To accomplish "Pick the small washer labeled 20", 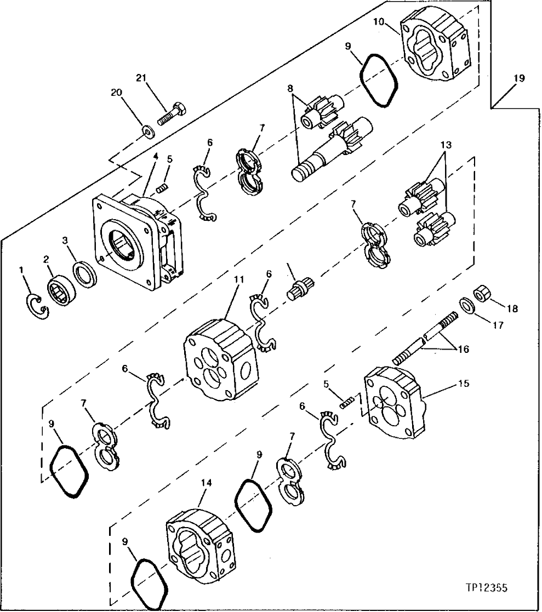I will (x=146, y=130).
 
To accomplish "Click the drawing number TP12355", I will (x=486, y=588).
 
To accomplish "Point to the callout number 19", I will (x=519, y=78).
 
